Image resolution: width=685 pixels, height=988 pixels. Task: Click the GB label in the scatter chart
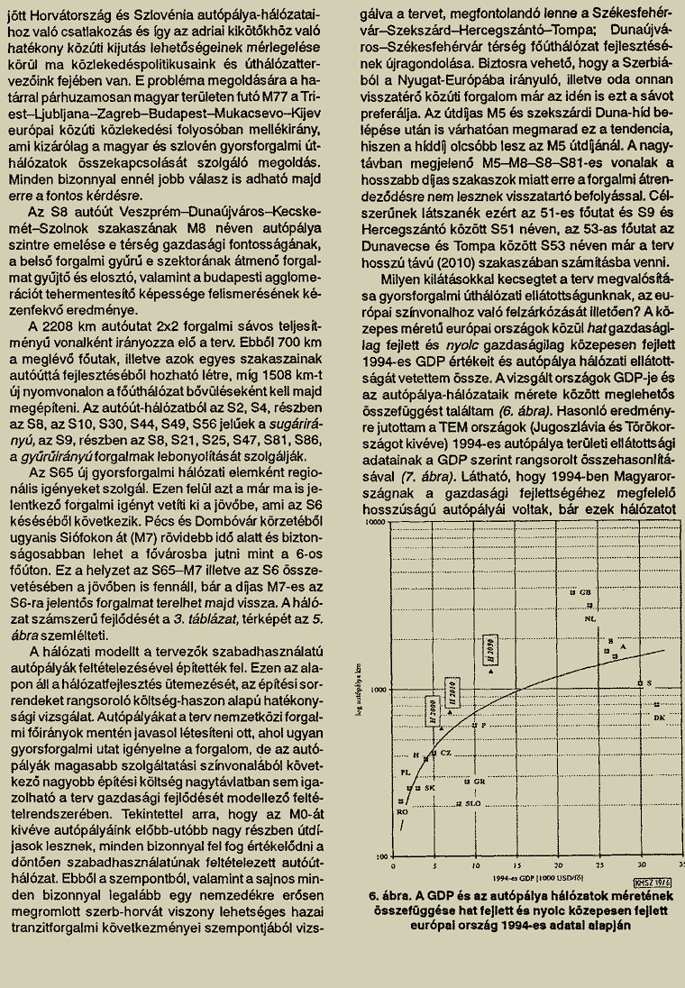click(x=586, y=592)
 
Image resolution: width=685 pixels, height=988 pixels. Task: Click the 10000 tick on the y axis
click(x=374, y=522)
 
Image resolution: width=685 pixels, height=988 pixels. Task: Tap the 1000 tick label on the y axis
click(x=378, y=689)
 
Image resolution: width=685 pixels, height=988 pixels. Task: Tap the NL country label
click(x=591, y=619)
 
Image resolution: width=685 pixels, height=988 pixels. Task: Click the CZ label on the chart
click(x=446, y=752)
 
